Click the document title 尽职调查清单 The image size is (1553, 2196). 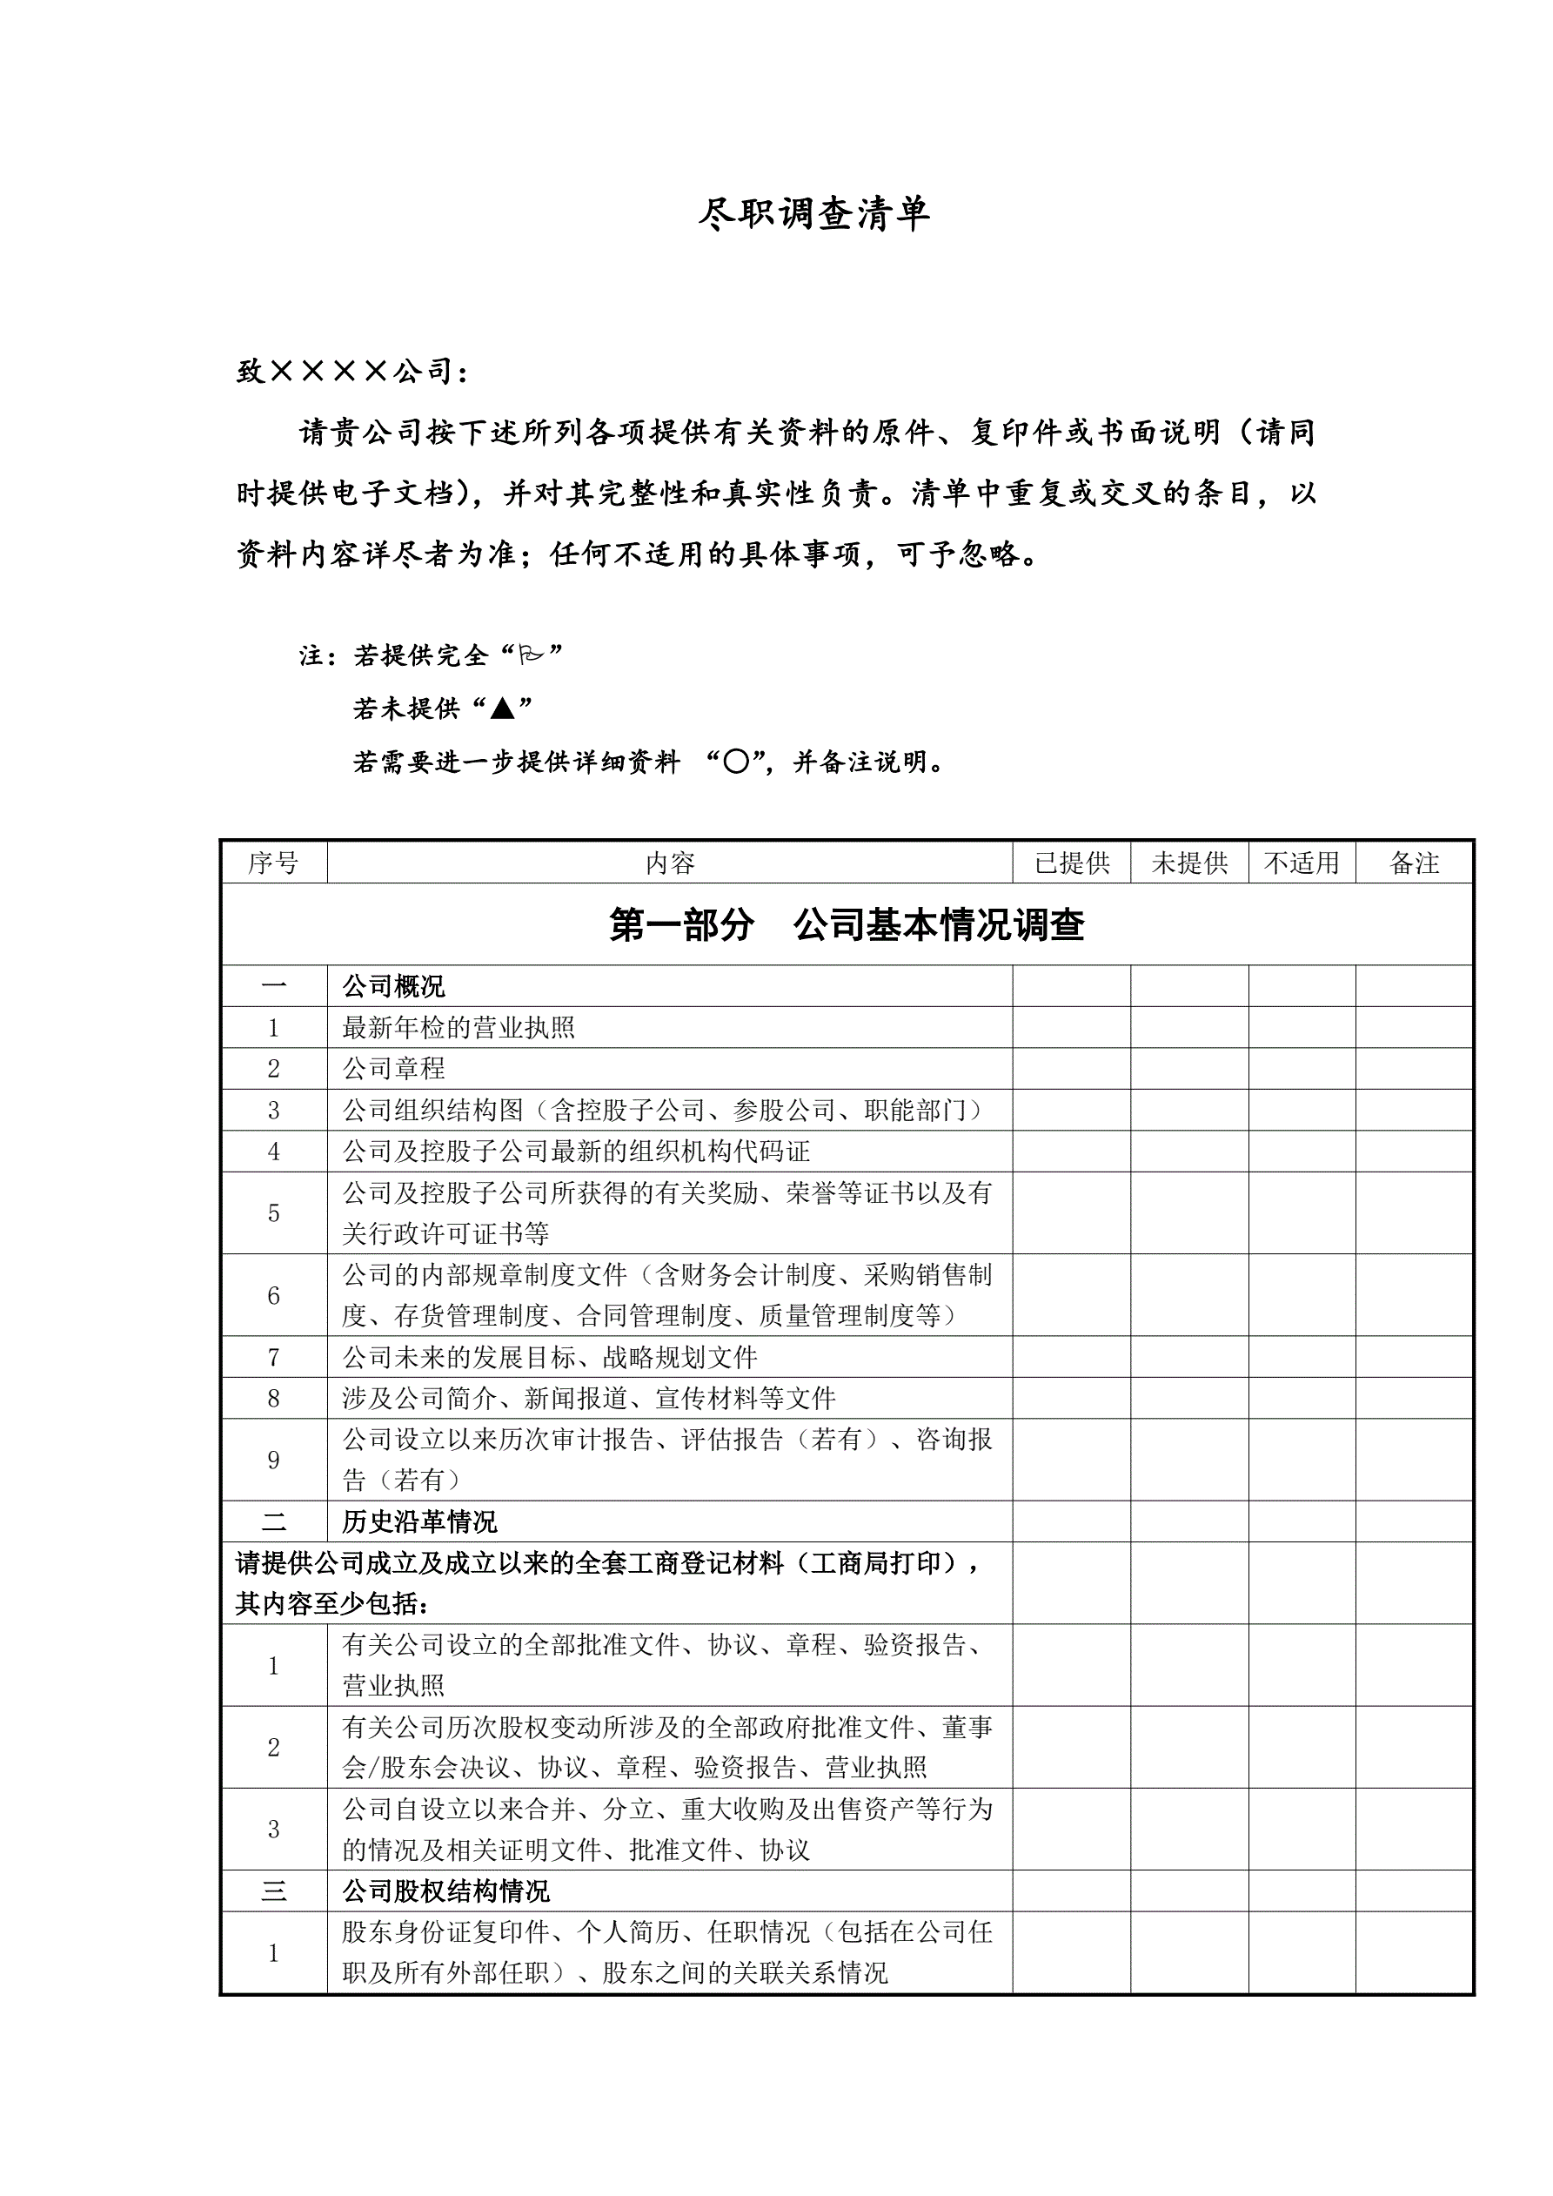pyautogui.click(x=813, y=213)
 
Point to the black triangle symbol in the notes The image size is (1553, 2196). pyautogui.click(x=502, y=708)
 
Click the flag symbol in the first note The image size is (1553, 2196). pyautogui.click(x=530, y=655)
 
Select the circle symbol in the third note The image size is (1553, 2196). pyautogui.click(x=735, y=762)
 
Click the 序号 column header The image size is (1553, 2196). pyautogui.click(x=273, y=863)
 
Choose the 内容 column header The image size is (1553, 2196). pyautogui.click(x=669, y=863)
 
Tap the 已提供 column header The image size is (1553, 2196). pyautogui.click(x=1072, y=863)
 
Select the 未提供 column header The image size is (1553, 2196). pyautogui.click(x=1189, y=863)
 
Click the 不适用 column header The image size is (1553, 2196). pyautogui.click(x=1302, y=863)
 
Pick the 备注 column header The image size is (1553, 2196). pyautogui.click(x=1414, y=863)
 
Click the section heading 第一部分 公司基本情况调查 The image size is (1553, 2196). pyautogui.click(x=847, y=924)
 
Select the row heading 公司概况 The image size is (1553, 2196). pyautogui.click(x=394, y=986)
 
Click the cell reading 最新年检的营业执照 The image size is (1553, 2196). pyautogui.click(x=459, y=1027)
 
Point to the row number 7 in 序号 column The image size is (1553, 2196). pyautogui.click(x=273, y=1357)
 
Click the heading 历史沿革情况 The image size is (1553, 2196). pyautogui.click(x=420, y=1521)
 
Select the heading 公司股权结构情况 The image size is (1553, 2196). pyautogui.click(x=445, y=1890)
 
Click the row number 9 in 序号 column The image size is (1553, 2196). pyautogui.click(x=273, y=1460)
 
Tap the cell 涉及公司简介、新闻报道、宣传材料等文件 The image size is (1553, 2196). pyautogui.click(x=589, y=1399)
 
